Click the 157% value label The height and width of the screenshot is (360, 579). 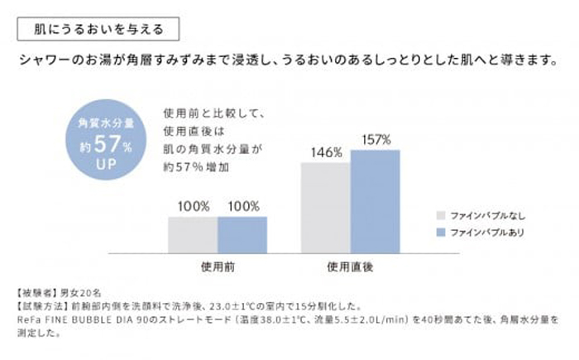point(376,139)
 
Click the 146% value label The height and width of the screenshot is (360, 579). point(326,152)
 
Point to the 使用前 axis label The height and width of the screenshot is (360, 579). point(218,267)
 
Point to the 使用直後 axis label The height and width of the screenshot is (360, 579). point(351,267)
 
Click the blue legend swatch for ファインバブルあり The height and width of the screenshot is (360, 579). point(443,232)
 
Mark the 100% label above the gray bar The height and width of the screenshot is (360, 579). point(193,205)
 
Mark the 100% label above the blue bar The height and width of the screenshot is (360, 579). point(242,205)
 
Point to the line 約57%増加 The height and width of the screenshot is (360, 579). point(196,168)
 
